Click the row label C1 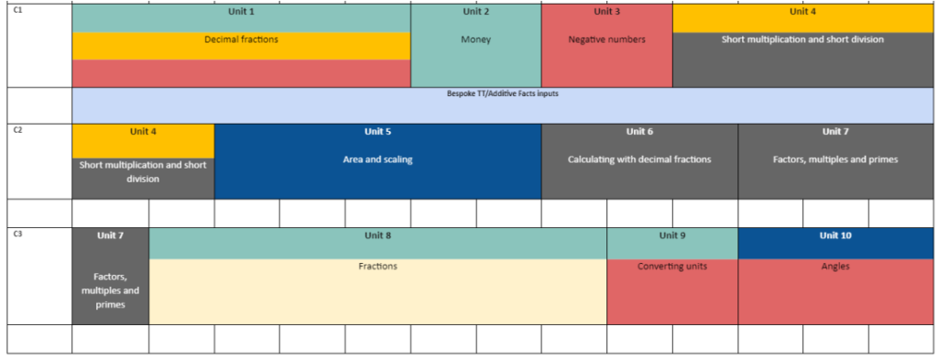click(x=17, y=10)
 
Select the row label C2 click(x=17, y=129)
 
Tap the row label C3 click(x=17, y=234)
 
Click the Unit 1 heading click(x=241, y=11)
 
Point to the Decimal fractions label click(x=241, y=39)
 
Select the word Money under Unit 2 click(x=475, y=39)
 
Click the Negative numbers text click(x=606, y=39)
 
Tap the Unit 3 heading click(x=606, y=11)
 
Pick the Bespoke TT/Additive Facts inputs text click(x=503, y=93)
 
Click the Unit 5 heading click(x=377, y=132)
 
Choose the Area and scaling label click(x=377, y=159)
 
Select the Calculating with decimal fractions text click(x=639, y=159)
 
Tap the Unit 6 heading click(x=639, y=132)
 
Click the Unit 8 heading click(x=377, y=235)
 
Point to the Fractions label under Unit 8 click(x=377, y=267)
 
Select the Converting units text click(x=671, y=267)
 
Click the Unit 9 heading click(x=671, y=235)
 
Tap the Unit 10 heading click(x=835, y=235)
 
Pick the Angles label click(x=835, y=267)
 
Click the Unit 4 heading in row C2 click(x=143, y=132)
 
